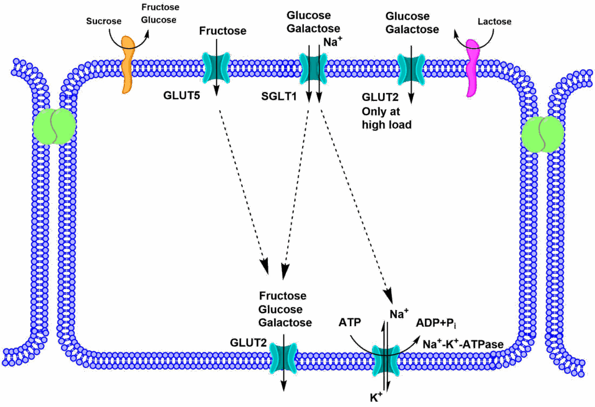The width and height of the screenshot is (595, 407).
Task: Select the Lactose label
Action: pyautogui.click(x=494, y=22)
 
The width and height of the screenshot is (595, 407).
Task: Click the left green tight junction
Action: pyautogui.click(x=54, y=127)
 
